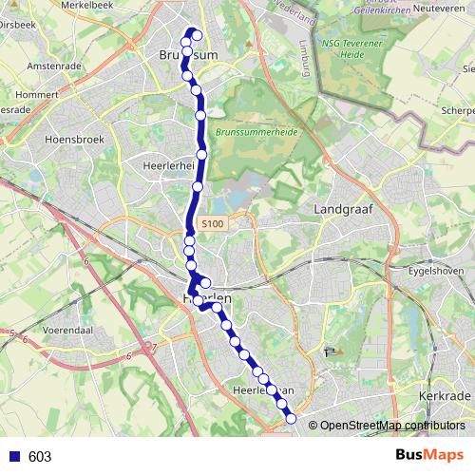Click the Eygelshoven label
click(443, 271)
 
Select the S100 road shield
click(212, 223)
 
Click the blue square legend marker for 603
click(13, 456)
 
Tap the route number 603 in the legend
click(40, 456)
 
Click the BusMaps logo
click(427, 455)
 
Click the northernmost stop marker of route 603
click(197, 36)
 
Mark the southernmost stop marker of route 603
click(291, 419)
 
